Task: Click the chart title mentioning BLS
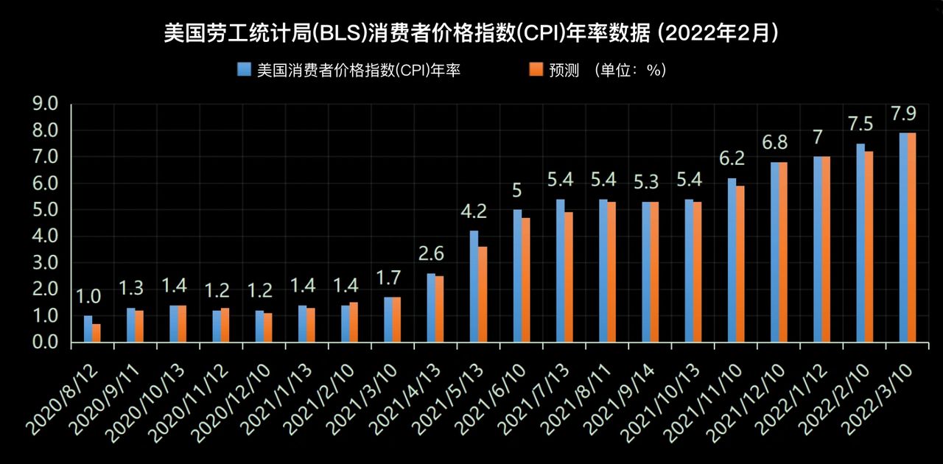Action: [471, 33]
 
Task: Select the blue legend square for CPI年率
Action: [244, 70]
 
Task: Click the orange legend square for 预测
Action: [536, 70]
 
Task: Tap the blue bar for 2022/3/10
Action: [903, 237]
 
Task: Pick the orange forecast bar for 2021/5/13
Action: [483, 294]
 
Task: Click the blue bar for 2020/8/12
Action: [88, 328]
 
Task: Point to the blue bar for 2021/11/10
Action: [732, 260]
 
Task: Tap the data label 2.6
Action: [431, 254]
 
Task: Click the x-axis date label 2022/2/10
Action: [838, 394]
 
